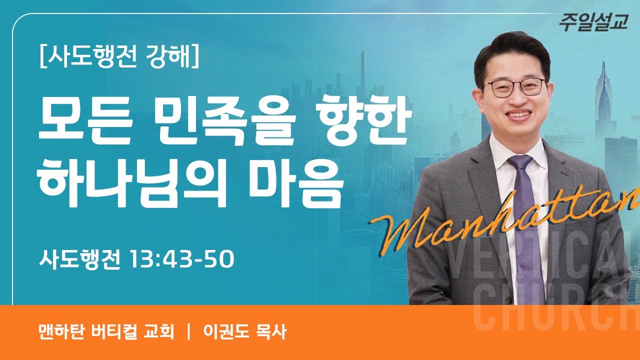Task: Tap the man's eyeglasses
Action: (515, 87)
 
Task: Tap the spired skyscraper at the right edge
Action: (603, 95)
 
